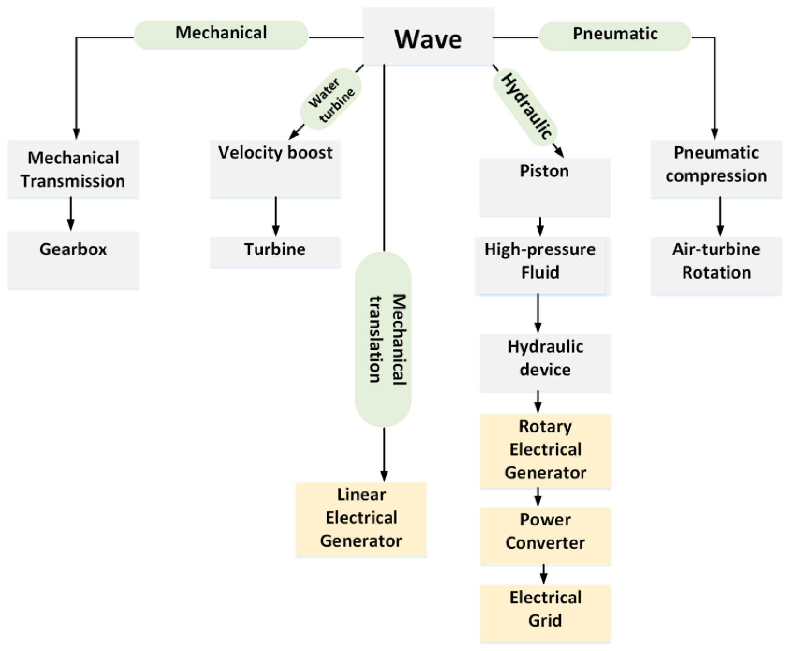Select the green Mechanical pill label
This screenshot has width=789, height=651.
click(221, 34)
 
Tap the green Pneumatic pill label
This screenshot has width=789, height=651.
click(615, 35)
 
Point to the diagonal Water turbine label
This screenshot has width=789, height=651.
click(331, 99)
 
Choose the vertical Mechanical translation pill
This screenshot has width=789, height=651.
click(383, 339)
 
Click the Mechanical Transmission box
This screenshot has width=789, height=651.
click(73, 169)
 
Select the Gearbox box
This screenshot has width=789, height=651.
click(73, 260)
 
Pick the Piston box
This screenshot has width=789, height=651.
click(545, 187)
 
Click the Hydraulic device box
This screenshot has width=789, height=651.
click(545, 362)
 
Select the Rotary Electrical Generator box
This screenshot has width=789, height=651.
click(545, 450)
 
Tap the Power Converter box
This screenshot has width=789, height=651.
click(545, 535)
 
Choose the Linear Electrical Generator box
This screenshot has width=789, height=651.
click(361, 519)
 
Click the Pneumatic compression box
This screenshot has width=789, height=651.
click(716, 168)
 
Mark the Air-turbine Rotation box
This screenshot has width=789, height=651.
click(716, 265)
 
